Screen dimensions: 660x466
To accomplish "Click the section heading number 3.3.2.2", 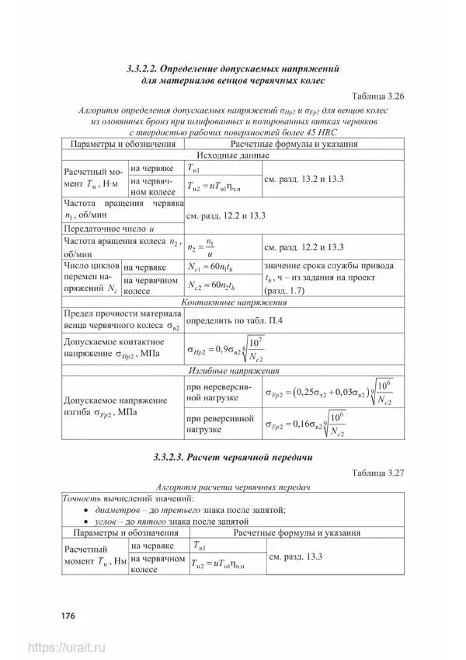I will pyautogui.click(x=147, y=68).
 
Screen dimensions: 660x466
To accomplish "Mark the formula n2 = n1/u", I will pyautogui.click(x=203, y=248).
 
